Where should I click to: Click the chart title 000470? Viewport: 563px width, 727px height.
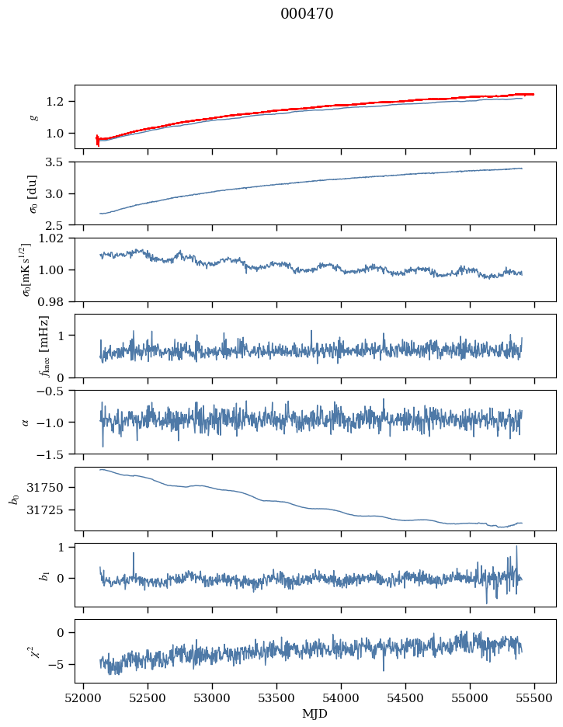click(307, 14)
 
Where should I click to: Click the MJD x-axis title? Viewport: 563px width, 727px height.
click(315, 714)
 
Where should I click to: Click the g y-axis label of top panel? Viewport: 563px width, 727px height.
click(33, 117)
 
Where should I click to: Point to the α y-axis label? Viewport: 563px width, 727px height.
click(26, 422)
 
